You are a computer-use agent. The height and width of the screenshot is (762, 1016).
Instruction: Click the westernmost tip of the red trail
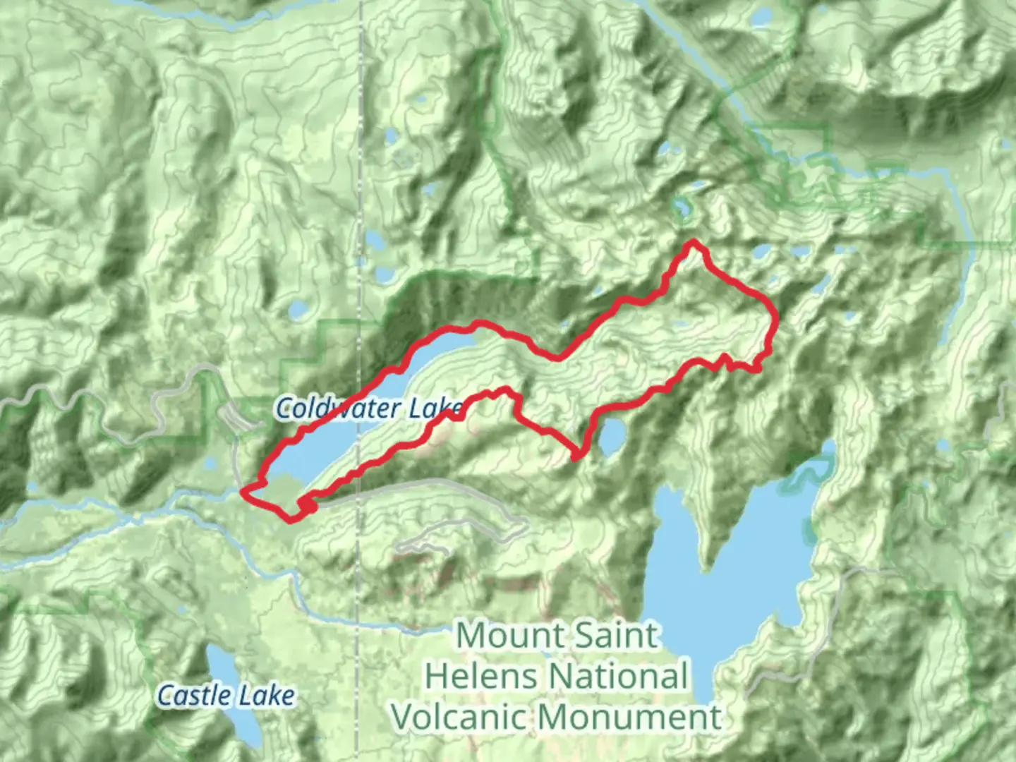point(243,490)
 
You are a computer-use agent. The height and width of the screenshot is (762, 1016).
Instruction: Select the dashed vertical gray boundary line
point(361,176)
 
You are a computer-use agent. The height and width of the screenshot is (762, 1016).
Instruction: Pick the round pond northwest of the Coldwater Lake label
point(298,309)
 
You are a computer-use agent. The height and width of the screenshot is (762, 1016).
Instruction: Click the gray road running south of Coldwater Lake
point(423,483)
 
